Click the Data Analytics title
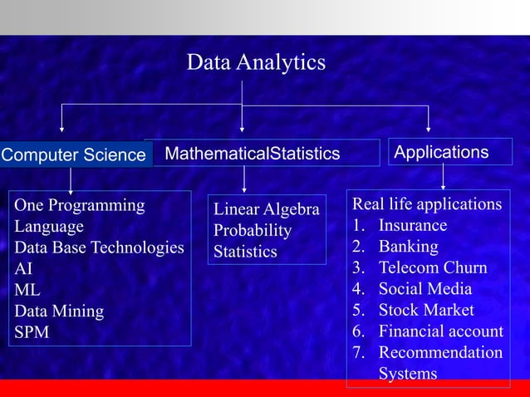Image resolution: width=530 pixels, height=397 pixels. pyautogui.click(x=256, y=62)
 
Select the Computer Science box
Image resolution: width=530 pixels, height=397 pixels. pyautogui.click(x=74, y=154)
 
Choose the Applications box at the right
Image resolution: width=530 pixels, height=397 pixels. pyautogui.click(x=441, y=152)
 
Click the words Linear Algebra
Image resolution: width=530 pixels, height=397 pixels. pyautogui.click(x=266, y=209)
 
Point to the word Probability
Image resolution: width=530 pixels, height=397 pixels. pyautogui.click(x=253, y=230)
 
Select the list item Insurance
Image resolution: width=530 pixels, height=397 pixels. pyautogui.click(x=412, y=225)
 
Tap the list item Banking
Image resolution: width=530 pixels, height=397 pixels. pyautogui.click(x=408, y=247)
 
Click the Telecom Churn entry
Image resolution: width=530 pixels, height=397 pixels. pyautogui.click(x=432, y=267)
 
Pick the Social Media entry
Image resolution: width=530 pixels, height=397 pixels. pyautogui.click(x=424, y=289)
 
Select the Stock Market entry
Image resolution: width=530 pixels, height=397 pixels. pyautogui.click(x=426, y=310)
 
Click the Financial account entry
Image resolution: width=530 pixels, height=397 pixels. pyautogui.click(x=440, y=331)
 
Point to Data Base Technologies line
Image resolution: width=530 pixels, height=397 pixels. pyautogui.click(x=99, y=248)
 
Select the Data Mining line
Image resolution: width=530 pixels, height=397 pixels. pyautogui.click(x=59, y=311)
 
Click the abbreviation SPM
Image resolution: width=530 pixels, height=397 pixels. pyautogui.click(x=32, y=332)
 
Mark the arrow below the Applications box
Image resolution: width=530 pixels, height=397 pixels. pyautogui.click(x=443, y=177)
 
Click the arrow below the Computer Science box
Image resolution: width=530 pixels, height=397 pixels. pyautogui.click(x=71, y=181)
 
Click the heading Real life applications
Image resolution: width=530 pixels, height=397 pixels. pyautogui.click(x=427, y=204)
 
